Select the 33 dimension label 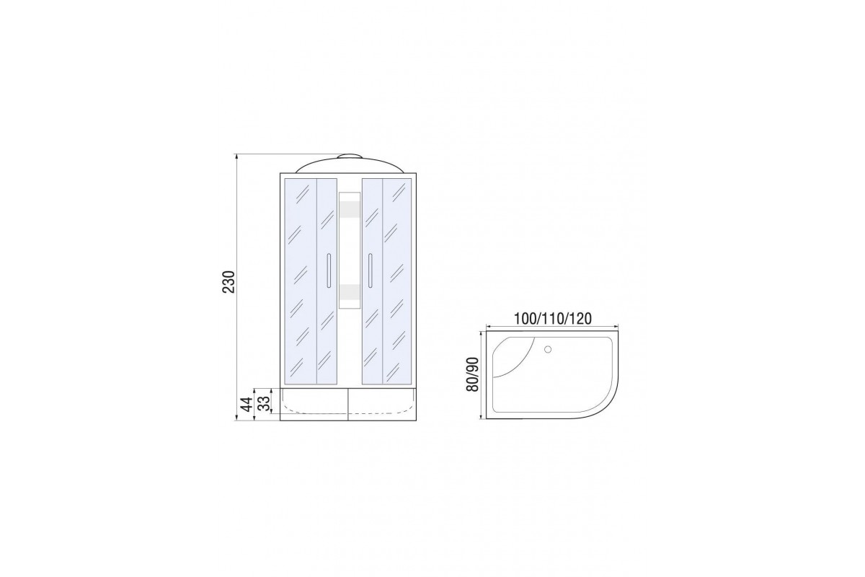(263, 404)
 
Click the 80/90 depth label (472, 374)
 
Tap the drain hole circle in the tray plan (548, 349)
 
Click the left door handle (329, 270)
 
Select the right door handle (370, 270)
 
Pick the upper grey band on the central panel (350, 209)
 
